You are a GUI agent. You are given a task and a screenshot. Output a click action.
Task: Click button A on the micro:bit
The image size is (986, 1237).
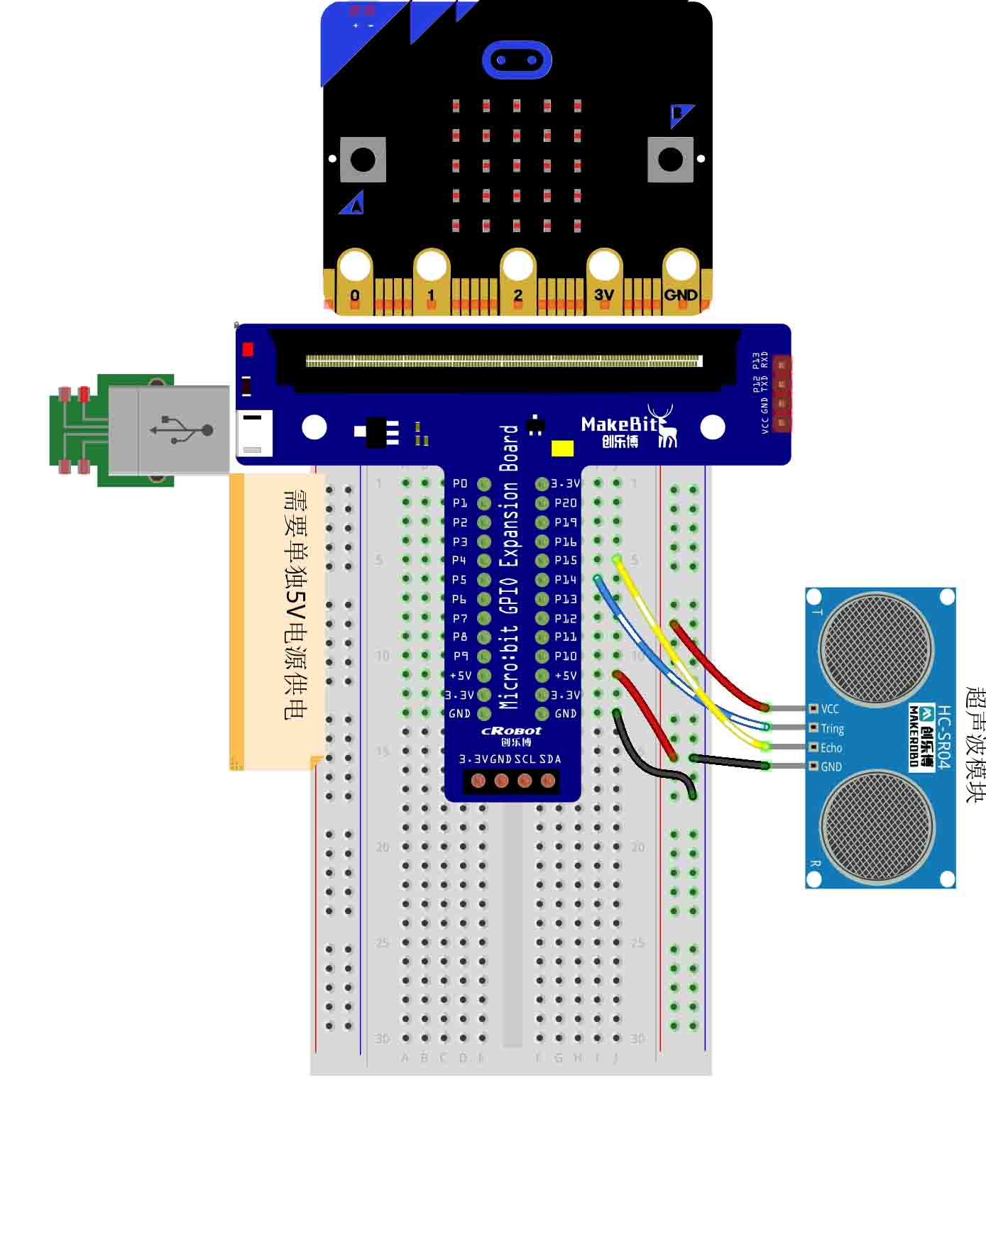point(363,160)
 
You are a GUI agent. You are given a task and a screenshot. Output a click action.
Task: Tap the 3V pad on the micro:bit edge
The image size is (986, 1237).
point(604,281)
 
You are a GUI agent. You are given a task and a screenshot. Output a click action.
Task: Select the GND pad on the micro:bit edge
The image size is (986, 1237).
point(681,281)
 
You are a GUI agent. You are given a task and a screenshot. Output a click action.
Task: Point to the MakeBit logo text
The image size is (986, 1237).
point(619,424)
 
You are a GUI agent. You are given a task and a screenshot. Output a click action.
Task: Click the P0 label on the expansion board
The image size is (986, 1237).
point(460,483)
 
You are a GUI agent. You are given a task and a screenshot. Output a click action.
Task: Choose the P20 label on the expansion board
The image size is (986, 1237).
point(566,502)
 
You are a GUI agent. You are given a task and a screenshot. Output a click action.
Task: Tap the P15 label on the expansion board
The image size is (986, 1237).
point(566,560)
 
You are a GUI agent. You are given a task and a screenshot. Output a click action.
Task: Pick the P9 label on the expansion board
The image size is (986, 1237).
point(460,656)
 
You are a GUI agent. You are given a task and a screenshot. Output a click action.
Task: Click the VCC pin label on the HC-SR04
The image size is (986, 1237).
point(830,709)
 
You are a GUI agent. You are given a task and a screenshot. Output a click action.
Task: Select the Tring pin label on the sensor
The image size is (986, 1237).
point(832,728)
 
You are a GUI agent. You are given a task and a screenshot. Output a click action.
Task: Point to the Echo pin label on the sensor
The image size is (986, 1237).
point(831,748)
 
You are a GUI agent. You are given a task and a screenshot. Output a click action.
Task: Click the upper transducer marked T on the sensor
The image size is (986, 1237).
point(877,649)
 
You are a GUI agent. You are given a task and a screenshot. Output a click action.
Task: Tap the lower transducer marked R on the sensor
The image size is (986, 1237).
point(877,827)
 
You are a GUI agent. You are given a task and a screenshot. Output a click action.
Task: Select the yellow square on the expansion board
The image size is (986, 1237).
point(562,449)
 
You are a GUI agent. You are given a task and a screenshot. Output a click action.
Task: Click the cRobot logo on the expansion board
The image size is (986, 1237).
point(511,731)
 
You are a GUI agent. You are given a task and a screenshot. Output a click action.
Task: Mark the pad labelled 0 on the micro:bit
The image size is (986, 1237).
point(355,281)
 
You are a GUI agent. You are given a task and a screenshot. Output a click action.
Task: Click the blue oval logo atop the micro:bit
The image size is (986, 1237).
point(517,60)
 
